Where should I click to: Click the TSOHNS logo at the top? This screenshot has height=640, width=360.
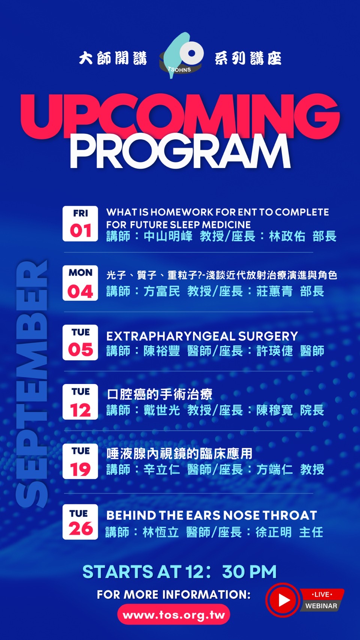181,56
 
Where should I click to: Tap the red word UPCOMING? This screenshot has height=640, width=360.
180,116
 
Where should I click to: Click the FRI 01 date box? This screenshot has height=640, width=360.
80,224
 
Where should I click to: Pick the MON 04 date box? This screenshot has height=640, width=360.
80,283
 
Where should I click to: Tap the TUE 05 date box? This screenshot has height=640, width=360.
80,342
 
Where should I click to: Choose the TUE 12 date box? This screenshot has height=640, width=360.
80,402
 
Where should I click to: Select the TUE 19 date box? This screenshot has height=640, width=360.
80,461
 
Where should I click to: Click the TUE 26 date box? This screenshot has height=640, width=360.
80,522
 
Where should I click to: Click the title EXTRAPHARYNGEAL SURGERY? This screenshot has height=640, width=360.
202,336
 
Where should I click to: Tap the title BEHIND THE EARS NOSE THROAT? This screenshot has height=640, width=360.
211,516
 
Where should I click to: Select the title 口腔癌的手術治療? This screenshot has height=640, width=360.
159,394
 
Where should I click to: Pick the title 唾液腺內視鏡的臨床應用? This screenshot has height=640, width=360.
179,454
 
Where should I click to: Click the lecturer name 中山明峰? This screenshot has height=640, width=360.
168,236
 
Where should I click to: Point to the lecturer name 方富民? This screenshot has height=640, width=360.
162,291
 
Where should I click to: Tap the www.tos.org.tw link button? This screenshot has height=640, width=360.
174,615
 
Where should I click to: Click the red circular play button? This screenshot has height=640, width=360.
283,600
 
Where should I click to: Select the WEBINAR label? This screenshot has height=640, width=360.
321,606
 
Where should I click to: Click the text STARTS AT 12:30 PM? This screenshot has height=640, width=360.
179,572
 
